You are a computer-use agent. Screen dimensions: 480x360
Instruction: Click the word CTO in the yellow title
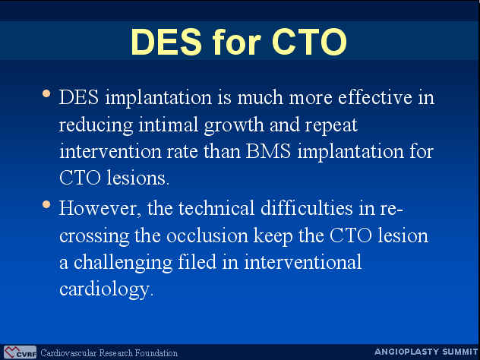(x=309, y=42)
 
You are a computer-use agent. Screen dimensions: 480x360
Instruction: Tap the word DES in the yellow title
(x=166, y=42)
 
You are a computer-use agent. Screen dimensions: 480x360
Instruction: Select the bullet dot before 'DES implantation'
(x=46, y=93)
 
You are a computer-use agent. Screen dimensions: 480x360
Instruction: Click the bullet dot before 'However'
(x=46, y=204)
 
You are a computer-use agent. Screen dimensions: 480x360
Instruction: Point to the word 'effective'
(x=375, y=97)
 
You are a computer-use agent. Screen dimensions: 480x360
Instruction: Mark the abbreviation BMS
(x=268, y=151)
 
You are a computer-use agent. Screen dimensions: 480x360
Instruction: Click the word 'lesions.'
(x=137, y=178)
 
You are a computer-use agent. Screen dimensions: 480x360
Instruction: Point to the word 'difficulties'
(x=306, y=207)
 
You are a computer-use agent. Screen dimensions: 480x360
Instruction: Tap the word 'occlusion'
(x=207, y=235)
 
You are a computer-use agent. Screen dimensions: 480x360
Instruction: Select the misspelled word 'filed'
(x=197, y=262)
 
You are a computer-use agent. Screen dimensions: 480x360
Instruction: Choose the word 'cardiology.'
(x=106, y=289)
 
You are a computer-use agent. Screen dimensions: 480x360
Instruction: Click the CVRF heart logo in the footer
(x=21, y=352)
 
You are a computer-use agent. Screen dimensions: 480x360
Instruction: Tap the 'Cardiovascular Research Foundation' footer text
(x=109, y=353)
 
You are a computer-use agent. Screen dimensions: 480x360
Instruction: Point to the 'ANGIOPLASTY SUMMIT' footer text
(x=426, y=352)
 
